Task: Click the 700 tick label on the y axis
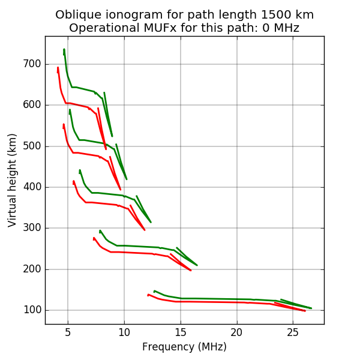click(x=32, y=64)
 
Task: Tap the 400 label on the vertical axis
click(x=32, y=187)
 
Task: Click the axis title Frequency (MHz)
click(x=184, y=347)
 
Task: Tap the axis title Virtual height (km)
click(x=13, y=180)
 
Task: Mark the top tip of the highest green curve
click(x=64, y=49)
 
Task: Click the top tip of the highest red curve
click(x=58, y=67)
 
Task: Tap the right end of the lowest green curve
click(x=311, y=308)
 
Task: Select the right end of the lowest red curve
click(x=305, y=311)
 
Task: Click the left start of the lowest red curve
click(x=148, y=295)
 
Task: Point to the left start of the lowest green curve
click(x=154, y=291)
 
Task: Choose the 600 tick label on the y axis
click(x=32, y=105)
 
